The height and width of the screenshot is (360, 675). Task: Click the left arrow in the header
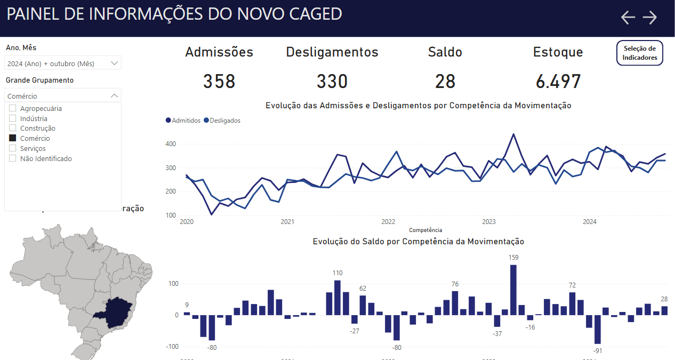tap(628, 18)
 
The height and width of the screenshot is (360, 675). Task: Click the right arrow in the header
tap(649, 18)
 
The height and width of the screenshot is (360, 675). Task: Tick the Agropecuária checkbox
tap(13, 108)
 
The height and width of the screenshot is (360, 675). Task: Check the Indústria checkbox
tap(13, 118)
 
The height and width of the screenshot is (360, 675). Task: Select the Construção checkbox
tap(13, 128)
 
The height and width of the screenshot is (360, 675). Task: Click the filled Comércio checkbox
tap(13, 138)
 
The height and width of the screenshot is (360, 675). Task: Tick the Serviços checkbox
tap(13, 148)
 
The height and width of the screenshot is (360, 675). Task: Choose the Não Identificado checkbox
tap(13, 158)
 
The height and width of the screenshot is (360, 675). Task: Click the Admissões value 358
tap(219, 82)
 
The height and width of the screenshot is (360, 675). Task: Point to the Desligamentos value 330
tap(332, 82)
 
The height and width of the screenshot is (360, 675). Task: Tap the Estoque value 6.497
tap(558, 82)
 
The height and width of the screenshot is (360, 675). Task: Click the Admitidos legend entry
tap(183, 121)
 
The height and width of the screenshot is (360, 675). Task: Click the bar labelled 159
tap(513, 290)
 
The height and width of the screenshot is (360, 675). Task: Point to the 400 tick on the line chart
tap(171, 144)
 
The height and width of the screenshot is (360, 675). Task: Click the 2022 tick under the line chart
tap(388, 221)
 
